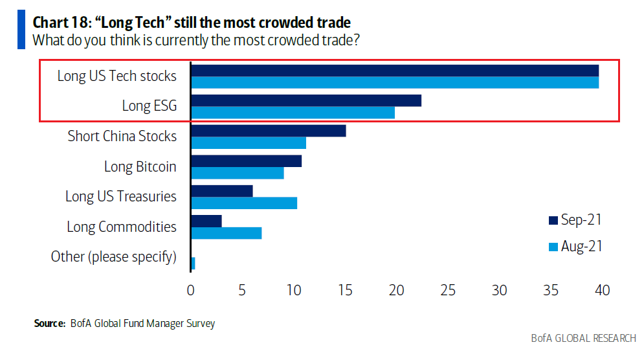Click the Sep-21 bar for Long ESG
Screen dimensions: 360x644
(306, 100)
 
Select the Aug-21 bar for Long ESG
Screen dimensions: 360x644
(293, 113)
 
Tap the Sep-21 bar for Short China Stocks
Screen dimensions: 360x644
(269, 130)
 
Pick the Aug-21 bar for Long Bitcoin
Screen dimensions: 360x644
(238, 173)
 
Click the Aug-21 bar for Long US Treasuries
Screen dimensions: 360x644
(244, 203)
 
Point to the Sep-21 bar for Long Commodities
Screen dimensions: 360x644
(206, 221)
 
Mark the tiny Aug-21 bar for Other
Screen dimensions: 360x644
(193, 263)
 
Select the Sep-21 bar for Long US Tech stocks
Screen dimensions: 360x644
(395, 71)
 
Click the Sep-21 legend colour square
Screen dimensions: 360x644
(552, 220)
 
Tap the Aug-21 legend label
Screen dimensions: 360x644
(581, 247)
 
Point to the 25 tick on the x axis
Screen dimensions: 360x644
(448, 291)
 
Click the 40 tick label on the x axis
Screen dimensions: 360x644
(602, 291)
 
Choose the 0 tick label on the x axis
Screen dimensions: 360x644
(191, 291)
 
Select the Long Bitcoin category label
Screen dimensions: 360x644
(140, 166)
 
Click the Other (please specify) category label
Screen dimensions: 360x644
(114, 256)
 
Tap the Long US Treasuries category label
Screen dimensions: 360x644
(121, 196)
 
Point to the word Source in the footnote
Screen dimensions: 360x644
(50, 323)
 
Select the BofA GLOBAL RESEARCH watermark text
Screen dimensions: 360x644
(583, 339)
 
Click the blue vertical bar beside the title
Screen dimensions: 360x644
(21, 29)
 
